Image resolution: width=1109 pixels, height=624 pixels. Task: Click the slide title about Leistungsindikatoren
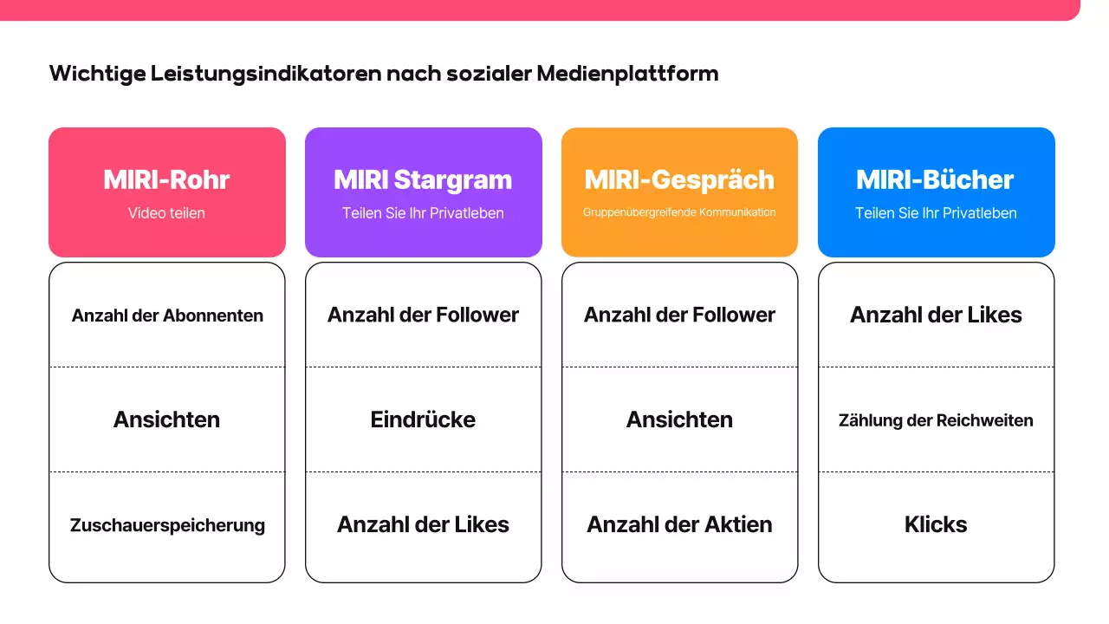pyautogui.click(x=384, y=74)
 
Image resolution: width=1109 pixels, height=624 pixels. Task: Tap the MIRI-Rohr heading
pyautogui.click(x=166, y=179)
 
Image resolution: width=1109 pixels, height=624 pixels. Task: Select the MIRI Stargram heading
pyautogui.click(x=423, y=179)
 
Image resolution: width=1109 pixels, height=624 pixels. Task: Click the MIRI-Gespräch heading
pyautogui.click(x=679, y=179)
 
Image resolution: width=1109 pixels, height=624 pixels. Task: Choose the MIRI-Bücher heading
pyautogui.click(x=935, y=179)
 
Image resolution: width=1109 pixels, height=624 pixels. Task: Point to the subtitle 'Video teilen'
pyautogui.click(x=166, y=212)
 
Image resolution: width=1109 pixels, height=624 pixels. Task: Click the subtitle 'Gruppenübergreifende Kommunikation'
pyautogui.click(x=679, y=212)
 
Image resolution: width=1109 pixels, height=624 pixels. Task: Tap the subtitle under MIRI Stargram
pyautogui.click(x=423, y=212)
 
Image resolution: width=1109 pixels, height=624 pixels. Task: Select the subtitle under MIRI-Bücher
pyautogui.click(x=936, y=212)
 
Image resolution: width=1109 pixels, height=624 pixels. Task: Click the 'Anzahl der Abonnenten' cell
pyautogui.click(x=167, y=315)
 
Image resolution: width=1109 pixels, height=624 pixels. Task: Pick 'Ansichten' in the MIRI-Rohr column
pyautogui.click(x=166, y=419)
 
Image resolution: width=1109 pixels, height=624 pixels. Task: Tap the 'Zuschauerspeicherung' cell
pyautogui.click(x=167, y=525)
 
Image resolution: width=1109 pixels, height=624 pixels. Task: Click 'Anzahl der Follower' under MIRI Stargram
pyautogui.click(x=423, y=315)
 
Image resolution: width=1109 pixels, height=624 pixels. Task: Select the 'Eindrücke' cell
pyautogui.click(x=423, y=419)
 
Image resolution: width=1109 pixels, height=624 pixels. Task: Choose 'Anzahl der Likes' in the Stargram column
pyautogui.click(x=423, y=524)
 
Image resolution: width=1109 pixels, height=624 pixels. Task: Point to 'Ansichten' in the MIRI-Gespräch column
pyautogui.click(x=679, y=419)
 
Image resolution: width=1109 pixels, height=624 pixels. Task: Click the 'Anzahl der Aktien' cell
pyautogui.click(x=679, y=524)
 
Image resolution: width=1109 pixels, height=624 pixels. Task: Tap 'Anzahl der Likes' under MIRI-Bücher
pyautogui.click(x=936, y=315)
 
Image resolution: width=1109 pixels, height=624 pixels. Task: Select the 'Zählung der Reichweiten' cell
pyautogui.click(x=936, y=420)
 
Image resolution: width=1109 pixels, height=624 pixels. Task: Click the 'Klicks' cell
pyautogui.click(x=936, y=524)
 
